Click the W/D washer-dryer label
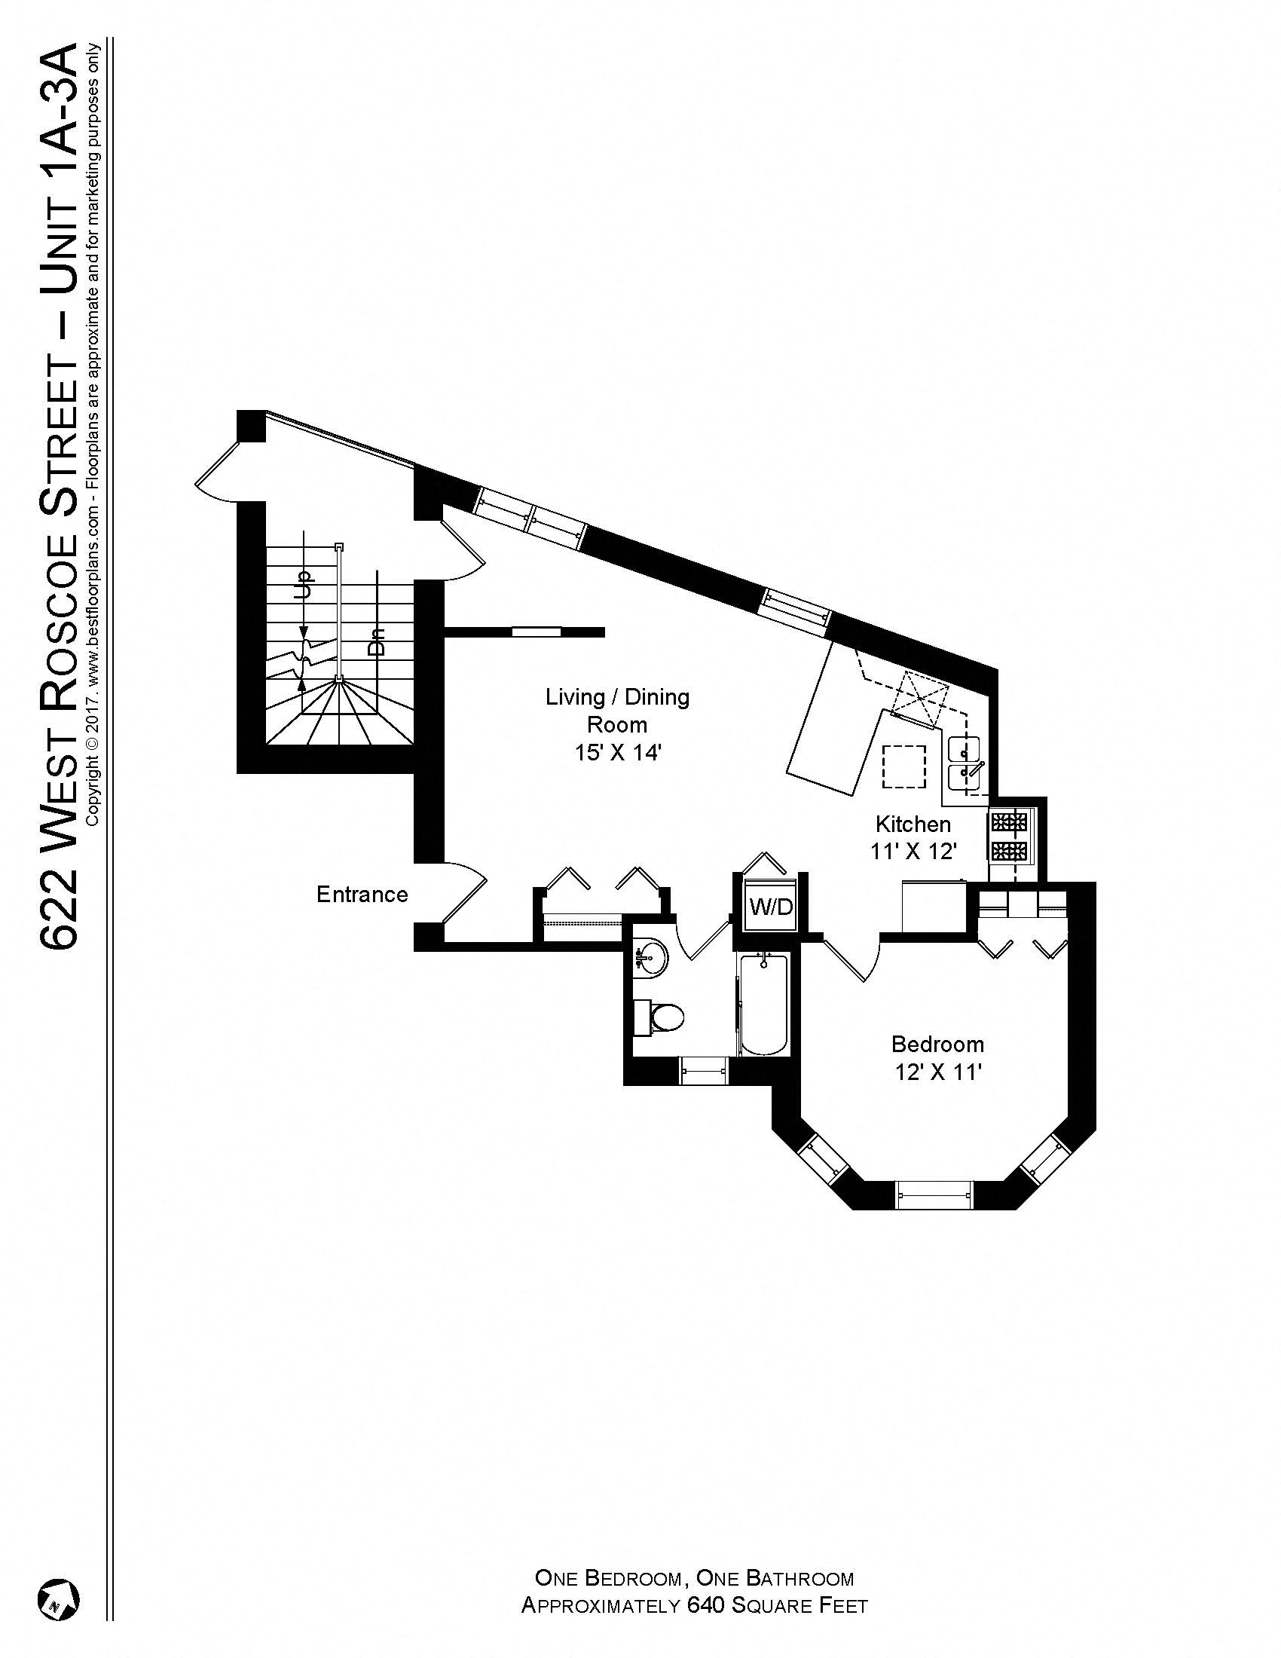coord(771,906)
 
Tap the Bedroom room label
coord(937,1044)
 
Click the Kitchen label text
coord(913,824)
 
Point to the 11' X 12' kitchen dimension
coord(913,852)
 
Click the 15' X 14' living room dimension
coord(618,753)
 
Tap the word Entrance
coord(362,895)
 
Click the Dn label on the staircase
coord(376,641)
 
